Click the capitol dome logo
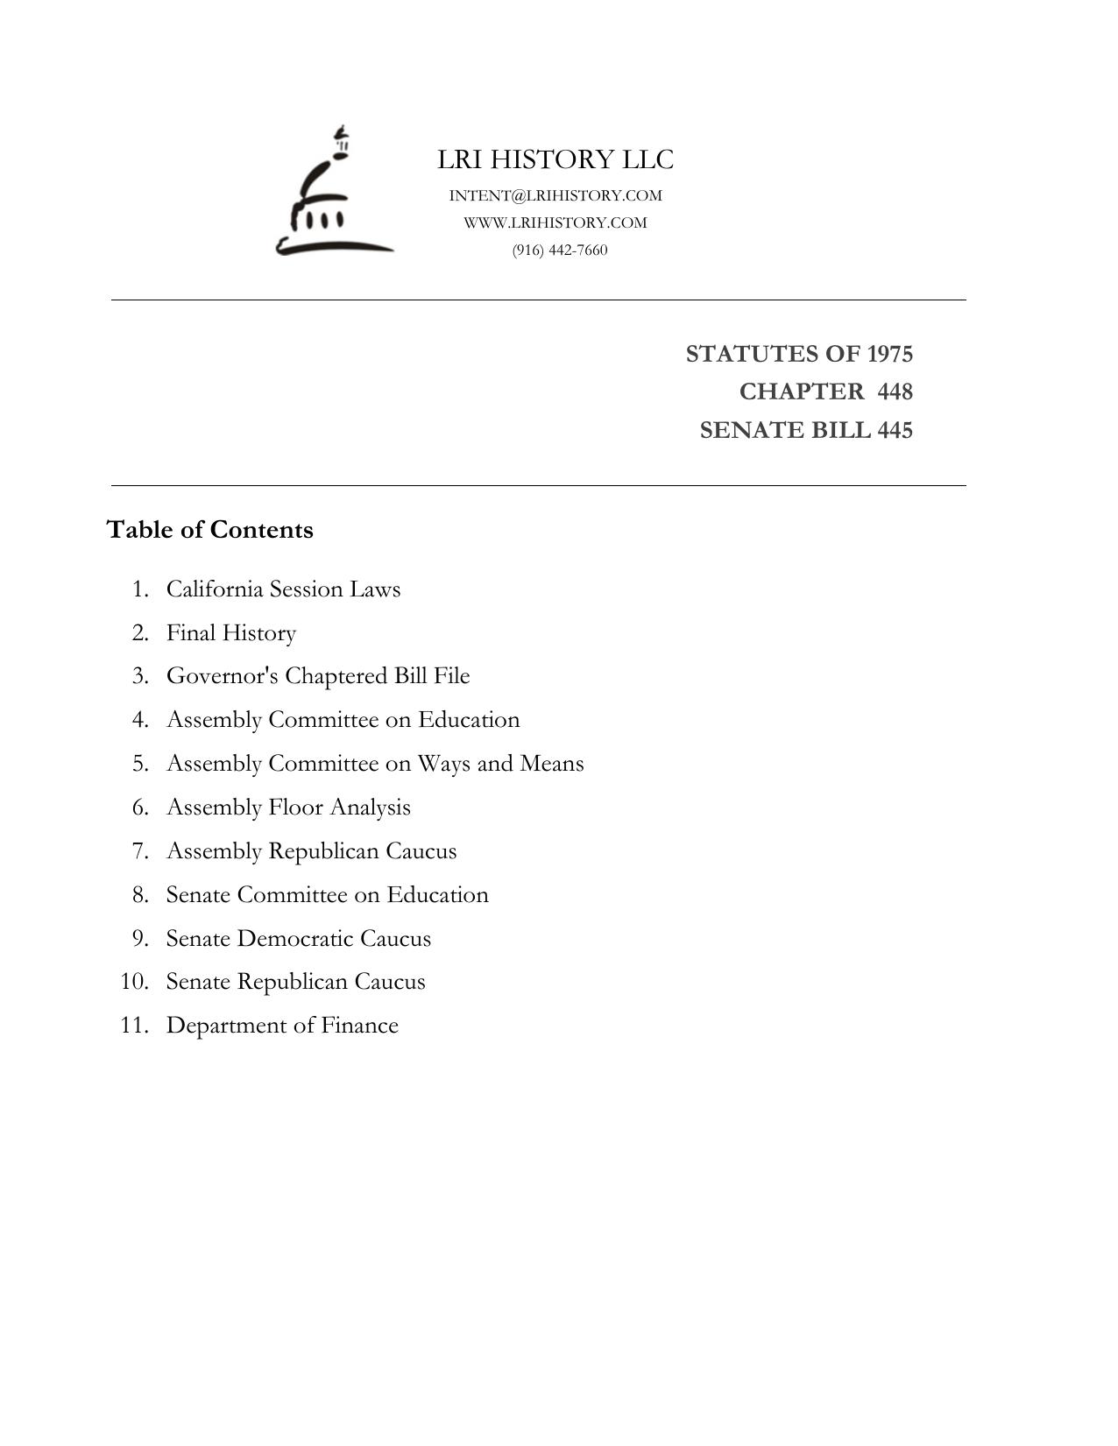click(333, 193)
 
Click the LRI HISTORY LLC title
click(555, 159)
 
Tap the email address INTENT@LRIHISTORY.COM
click(555, 195)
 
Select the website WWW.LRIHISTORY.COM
click(555, 222)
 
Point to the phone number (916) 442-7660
click(560, 250)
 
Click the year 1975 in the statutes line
click(889, 354)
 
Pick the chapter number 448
click(895, 391)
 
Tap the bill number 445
click(895, 430)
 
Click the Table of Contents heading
click(209, 530)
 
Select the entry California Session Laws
click(283, 589)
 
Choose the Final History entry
click(231, 632)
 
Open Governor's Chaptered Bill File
click(318, 676)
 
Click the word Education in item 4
click(469, 720)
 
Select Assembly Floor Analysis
click(288, 808)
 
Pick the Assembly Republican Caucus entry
click(311, 851)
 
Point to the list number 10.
click(134, 982)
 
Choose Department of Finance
click(282, 1026)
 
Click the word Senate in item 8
click(198, 895)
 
